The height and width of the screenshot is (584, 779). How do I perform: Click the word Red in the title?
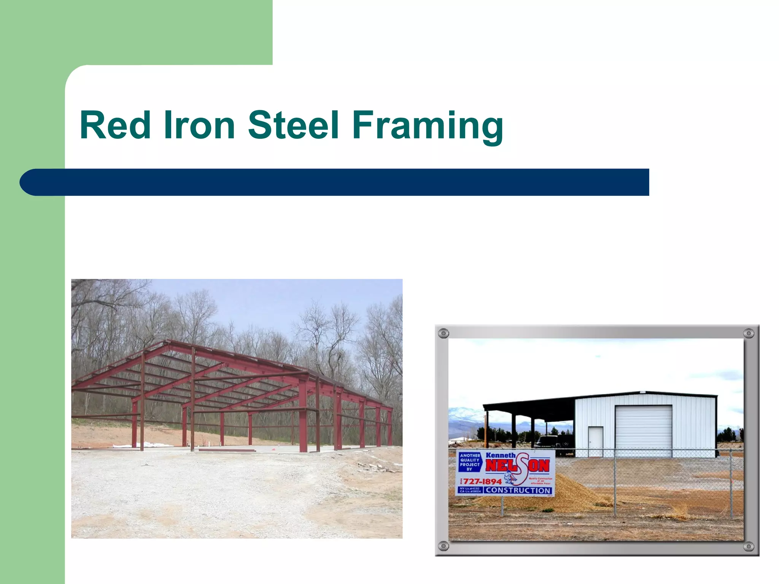click(115, 125)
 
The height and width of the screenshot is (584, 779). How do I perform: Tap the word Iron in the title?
click(199, 125)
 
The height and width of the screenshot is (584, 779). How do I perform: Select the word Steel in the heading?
click(293, 125)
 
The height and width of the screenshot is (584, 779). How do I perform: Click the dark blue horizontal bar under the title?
click(335, 182)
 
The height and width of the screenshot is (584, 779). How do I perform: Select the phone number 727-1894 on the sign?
click(482, 481)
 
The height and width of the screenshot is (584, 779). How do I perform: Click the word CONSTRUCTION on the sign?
click(518, 490)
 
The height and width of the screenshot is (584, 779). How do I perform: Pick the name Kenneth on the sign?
click(500, 455)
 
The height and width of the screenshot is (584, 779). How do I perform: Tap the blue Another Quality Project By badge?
click(470, 462)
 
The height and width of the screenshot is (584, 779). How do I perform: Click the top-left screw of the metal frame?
click(444, 334)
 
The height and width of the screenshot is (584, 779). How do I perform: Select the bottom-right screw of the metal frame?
click(748, 547)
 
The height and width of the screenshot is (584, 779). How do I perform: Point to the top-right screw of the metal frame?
click(748, 333)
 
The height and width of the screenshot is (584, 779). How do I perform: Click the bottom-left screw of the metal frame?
click(444, 546)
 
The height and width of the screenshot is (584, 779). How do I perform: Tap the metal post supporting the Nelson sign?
click(502, 506)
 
